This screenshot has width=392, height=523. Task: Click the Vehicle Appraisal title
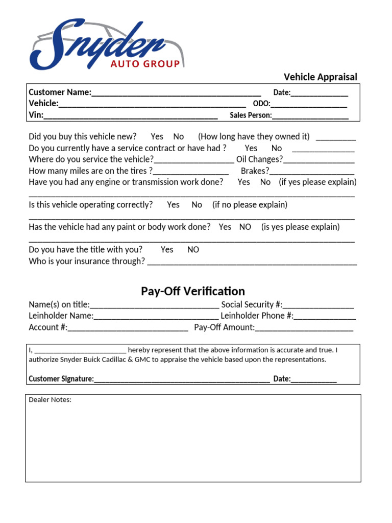click(x=320, y=77)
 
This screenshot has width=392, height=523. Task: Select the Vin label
click(x=36, y=115)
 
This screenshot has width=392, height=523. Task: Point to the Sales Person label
click(x=251, y=115)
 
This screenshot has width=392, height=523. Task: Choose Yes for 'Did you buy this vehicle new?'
click(x=157, y=136)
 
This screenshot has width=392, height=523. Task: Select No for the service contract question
click(x=276, y=148)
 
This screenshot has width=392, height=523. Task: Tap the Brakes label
click(x=255, y=171)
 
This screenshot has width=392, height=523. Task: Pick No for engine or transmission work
click(x=265, y=182)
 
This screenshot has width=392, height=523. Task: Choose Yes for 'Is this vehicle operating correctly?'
click(x=173, y=205)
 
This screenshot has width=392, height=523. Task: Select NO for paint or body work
click(x=245, y=227)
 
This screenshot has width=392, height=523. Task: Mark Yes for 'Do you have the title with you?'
click(x=167, y=250)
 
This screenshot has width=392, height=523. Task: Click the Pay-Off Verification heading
click(x=193, y=291)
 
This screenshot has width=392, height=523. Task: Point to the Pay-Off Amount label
click(x=224, y=327)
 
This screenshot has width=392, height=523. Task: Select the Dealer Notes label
click(x=50, y=400)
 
